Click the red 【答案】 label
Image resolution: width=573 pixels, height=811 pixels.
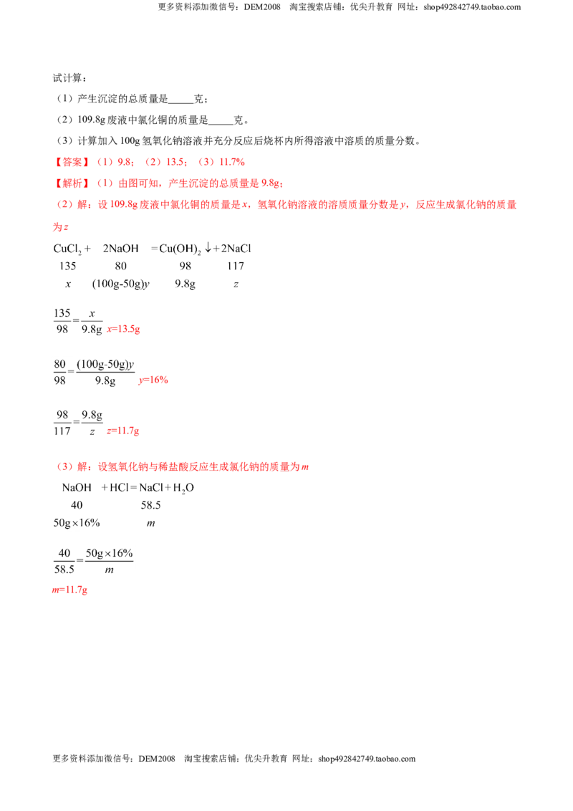pyautogui.click(x=72, y=162)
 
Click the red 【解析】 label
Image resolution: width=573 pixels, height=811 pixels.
pyautogui.click(x=72, y=183)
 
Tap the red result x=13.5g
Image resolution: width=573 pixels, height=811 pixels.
pyautogui.click(x=123, y=329)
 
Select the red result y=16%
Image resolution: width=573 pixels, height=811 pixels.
pyautogui.click(x=153, y=380)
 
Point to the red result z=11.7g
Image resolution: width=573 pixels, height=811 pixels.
pyautogui.click(x=122, y=431)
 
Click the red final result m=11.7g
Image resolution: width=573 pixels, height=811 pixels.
pyautogui.click(x=69, y=590)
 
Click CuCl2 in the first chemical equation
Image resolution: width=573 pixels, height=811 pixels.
pyautogui.click(x=67, y=249)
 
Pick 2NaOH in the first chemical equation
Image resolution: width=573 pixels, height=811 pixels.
pyautogui.click(x=120, y=249)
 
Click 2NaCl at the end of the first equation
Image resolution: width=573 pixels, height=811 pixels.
pyautogui.click(x=236, y=249)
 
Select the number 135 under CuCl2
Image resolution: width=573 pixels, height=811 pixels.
pyautogui.click(x=68, y=266)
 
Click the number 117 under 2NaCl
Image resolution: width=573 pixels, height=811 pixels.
pyautogui.click(x=236, y=266)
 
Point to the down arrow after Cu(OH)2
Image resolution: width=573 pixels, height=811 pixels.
pyautogui.click(x=208, y=248)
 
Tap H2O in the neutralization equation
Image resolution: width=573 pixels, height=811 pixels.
pyautogui.click(x=183, y=488)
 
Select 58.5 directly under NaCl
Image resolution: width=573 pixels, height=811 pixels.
pyautogui.click(x=150, y=505)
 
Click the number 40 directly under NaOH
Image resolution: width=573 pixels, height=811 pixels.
pyautogui.click(x=77, y=505)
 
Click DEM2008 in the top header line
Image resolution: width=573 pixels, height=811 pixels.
pyautogui.click(x=262, y=6)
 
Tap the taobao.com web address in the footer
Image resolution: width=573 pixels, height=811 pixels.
pyautogui.click(x=367, y=759)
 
